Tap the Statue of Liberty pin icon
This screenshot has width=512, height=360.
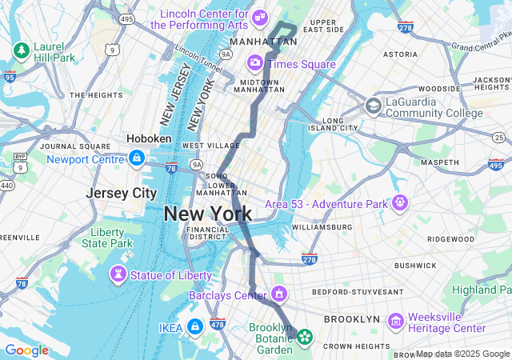[118, 275]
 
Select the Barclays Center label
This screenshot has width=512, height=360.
[228, 296]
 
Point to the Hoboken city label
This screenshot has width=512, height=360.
[149, 138]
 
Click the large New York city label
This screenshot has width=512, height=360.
[207, 214]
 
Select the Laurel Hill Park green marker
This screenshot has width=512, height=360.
[19, 50]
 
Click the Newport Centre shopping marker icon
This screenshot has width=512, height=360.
[137, 158]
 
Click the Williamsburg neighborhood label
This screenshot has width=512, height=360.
[322, 227]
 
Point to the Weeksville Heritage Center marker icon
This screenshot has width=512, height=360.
[395, 321]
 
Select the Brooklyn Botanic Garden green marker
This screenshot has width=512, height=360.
[304, 337]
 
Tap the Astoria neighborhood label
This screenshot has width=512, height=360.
[400, 54]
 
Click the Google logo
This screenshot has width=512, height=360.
[26, 350]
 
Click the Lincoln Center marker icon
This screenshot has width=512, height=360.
[259, 17]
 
